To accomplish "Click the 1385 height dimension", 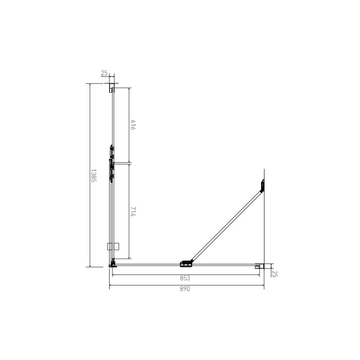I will [x=94, y=175].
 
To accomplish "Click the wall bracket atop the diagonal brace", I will [x=262, y=185].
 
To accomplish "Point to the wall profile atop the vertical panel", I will [x=112, y=87].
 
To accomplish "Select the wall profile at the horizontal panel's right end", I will [x=259, y=266].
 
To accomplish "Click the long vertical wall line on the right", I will [x=264, y=225].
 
